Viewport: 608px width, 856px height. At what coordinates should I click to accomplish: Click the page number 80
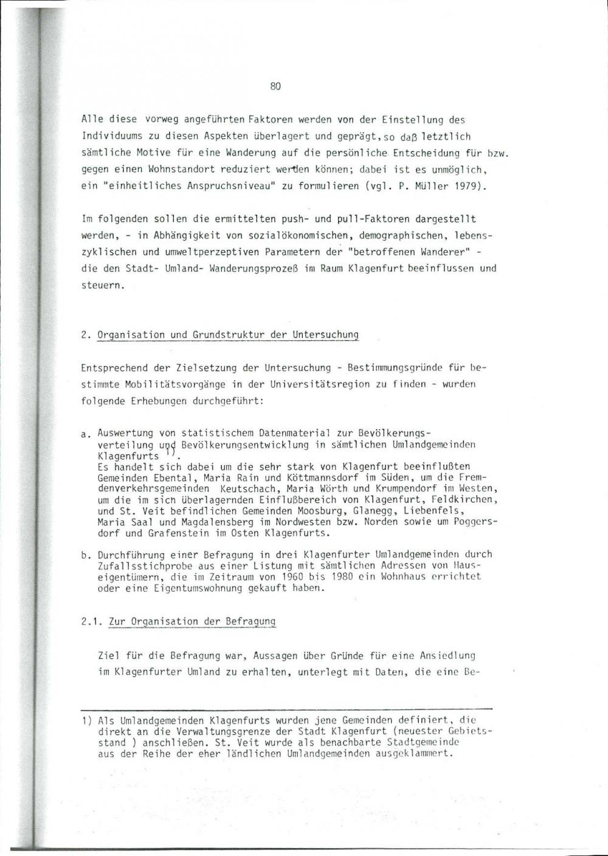pyautogui.click(x=275, y=86)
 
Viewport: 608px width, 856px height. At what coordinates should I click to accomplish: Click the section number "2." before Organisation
pyautogui.click(x=86, y=335)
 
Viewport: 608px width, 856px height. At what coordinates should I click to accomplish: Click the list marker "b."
pyautogui.click(x=86, y=554)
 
